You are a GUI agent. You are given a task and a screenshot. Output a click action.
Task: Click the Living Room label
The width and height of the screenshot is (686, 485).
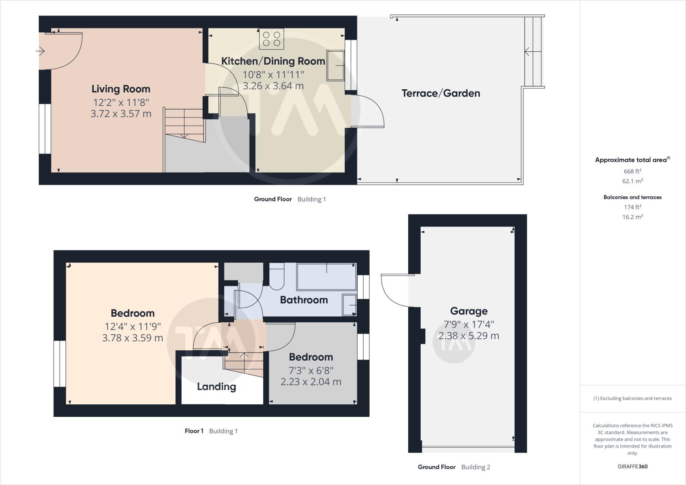(121, 89)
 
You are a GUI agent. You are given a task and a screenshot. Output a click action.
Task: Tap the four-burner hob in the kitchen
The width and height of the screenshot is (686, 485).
(271, 39)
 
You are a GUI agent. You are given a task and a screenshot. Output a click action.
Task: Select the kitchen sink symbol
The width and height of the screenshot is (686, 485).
(335, 66)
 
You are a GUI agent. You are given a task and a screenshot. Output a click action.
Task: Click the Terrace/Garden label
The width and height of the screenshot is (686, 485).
(441, 93)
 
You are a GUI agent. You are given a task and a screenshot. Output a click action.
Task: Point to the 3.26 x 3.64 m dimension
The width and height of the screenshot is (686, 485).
(273, 86)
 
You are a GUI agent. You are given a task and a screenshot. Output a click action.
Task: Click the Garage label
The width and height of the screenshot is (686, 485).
(469, 311)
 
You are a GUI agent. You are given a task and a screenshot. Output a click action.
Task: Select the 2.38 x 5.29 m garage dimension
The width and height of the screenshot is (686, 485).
(469, 336)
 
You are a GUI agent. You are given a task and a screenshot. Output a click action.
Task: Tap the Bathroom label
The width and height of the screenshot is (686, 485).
(304, 300)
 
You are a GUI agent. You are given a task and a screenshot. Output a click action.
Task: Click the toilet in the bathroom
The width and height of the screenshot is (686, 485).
(276, 278)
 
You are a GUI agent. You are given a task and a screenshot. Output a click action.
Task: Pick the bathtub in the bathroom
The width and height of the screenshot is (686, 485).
(327, 277)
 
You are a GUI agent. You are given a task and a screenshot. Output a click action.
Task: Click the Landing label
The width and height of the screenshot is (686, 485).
(216, 387)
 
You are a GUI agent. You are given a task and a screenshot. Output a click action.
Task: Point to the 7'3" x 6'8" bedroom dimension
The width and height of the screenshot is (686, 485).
(311, 370)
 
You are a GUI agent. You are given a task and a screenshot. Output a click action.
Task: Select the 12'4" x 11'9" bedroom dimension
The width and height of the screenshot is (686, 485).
(132, 326)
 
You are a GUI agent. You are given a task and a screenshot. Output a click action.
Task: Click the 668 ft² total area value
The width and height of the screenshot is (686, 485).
(632, 171)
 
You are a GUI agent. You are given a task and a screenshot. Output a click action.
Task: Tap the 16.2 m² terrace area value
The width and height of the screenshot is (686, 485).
(632, 217)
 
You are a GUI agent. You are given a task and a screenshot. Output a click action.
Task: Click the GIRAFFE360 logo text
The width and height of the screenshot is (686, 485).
(632, 466)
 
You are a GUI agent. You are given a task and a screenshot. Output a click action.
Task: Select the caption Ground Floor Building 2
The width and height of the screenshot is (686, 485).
(453, 467)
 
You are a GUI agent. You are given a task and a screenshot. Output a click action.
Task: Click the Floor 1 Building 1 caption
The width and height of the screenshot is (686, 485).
(211, 431)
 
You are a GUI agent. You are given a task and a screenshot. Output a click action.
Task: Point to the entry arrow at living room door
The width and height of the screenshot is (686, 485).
(40, 51)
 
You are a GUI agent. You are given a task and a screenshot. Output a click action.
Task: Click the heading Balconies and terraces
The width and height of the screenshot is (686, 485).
(632, 197)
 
